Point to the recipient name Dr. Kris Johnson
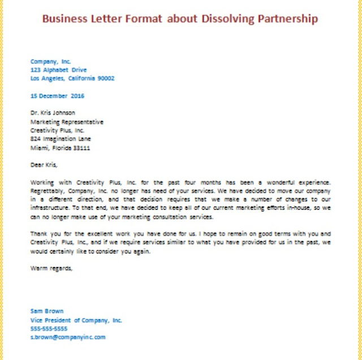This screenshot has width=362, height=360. (53, 113)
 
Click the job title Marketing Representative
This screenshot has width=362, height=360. (67, 122)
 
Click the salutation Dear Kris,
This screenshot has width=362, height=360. (44, 166)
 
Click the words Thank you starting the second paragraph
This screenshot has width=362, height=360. (44, 234)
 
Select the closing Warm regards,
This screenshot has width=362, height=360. (51, 268)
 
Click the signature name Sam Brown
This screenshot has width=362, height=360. (47, 311)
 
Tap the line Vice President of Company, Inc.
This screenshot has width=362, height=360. (76, 320)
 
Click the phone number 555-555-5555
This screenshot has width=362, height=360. (49, 328)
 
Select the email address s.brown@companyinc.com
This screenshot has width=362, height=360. (68, 337)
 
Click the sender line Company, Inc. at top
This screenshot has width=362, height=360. (51, 60)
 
